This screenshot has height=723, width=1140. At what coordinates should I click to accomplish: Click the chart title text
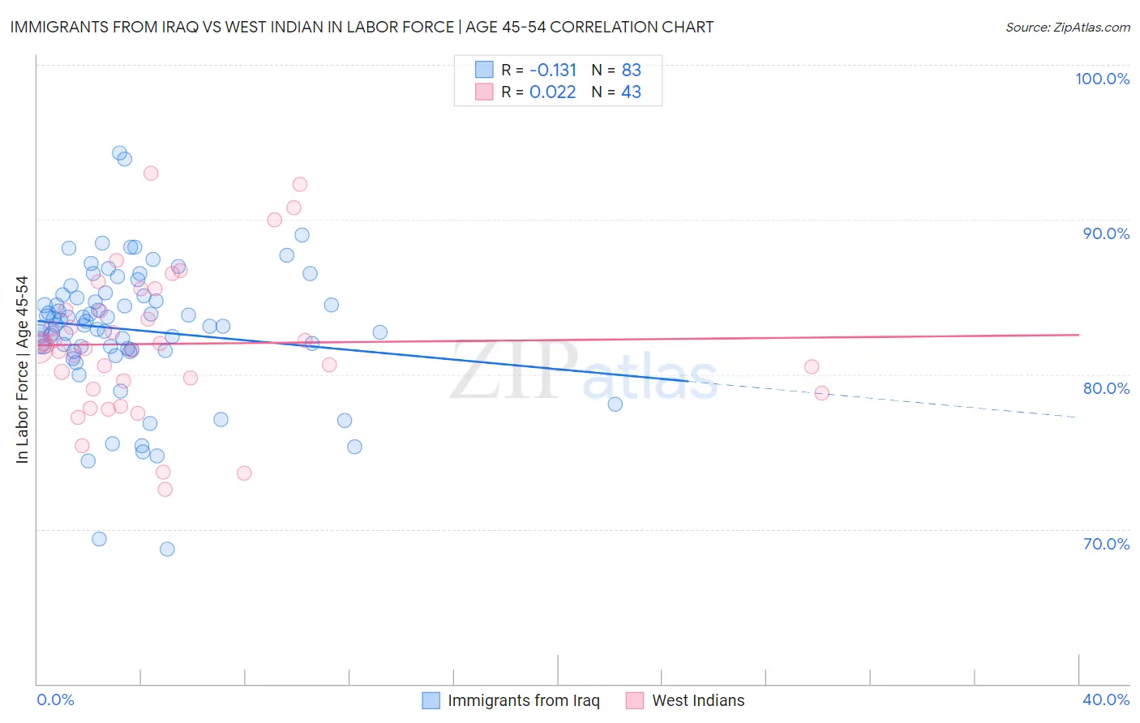pyautogui.click(x=362, y=27)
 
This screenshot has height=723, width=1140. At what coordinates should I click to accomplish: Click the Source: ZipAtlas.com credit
pyautogui.click(x=1067, y=27)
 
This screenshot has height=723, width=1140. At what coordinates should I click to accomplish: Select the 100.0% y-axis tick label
pyautogui.click(x=1102, y=79)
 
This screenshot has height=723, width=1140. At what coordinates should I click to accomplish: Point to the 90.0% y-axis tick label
pyautogui.click(x=1106, y=233)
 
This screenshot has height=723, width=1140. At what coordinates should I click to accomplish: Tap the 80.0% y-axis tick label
pyautogui.click(x=1106, y=388)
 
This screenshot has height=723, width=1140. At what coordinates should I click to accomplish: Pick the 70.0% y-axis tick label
pyautogui.click(x=1106, y=544)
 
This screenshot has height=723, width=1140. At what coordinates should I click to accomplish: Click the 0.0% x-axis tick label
pyautogui.click(x=55, y=699)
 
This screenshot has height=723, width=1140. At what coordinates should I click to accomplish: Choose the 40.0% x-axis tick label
pyautogui.click(x=1106, y=699)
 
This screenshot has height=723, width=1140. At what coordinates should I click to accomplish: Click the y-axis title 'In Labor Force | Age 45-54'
pyautogui.click(x=22, y=370)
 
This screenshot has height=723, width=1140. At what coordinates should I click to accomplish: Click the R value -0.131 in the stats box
pyautogui.click(x=552, y=71)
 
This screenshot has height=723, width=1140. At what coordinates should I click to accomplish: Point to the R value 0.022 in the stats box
pyautogui.click(x=552, y=92)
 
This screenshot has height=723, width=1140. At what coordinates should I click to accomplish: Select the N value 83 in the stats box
pyautogui.click(x=631, y=71)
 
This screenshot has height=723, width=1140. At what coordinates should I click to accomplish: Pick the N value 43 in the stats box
pyautogui.click(x=631, y=92)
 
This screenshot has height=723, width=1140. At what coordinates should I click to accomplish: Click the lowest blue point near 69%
pyautogui.click(x=167, y=549)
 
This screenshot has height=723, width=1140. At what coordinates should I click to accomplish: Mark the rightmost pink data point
pyautogui.click(x=821, y=393)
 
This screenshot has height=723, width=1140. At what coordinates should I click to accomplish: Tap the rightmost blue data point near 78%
pyautogui.click(x=615, y=404)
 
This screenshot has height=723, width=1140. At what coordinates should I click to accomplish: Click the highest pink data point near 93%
pyautogui.click(x=151, y=173)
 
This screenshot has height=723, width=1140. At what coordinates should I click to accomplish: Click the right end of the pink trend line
pyautogui.click(x=1078, y=335)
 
